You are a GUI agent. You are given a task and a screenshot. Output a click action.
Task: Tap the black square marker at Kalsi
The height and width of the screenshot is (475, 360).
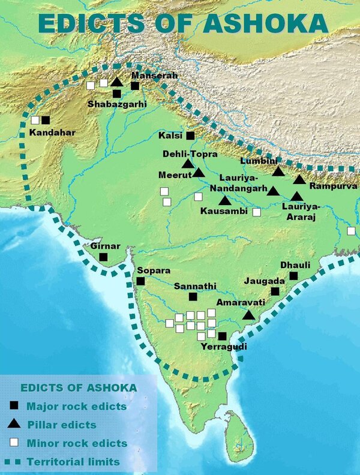(x=191, y=136)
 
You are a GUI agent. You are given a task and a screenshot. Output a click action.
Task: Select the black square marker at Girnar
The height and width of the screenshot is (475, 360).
(x=103, y=257)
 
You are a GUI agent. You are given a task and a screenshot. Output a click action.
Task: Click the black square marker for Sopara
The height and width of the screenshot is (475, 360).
(x=140, y=281)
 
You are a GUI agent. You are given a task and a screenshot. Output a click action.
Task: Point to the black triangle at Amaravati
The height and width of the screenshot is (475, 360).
(x=248, y=315)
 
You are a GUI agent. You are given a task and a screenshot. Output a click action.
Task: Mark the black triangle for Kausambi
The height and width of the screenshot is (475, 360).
(x=224, y=201)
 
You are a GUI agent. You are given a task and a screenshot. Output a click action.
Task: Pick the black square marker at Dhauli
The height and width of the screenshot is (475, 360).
(x=293, y=275)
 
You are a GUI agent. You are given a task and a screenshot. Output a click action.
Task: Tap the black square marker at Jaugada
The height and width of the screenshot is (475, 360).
(x=275, y=291)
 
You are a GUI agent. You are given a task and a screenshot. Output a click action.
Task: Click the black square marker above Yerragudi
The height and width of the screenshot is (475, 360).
(x=223, y=336)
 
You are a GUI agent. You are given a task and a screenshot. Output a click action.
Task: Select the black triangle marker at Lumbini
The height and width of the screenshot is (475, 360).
(x=277, y=172)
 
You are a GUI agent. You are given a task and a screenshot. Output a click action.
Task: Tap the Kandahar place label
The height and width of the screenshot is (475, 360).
(x=53, y=132)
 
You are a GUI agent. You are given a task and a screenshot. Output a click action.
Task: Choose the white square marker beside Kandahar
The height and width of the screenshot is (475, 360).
(x=35, y=120)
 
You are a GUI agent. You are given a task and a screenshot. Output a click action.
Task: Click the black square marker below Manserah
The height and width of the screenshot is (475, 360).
(x=135, y=86)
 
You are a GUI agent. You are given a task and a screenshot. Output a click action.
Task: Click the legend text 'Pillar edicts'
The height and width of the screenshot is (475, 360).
(x=61, y=425)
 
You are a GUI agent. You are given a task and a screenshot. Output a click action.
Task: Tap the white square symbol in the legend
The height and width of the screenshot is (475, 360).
(x=14, y=443)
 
